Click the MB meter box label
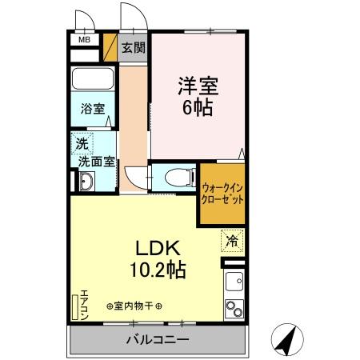(83, 38)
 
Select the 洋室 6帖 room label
(196, 95)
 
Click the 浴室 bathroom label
(92, 109)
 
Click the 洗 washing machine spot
(82, 144)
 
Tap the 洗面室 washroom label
(94, 160)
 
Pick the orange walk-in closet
(222, 192)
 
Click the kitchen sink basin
(235, 282)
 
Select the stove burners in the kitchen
(235, 308)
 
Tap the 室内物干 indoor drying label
(134, 306)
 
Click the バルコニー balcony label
(157, 340)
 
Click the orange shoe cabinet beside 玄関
(111, 47)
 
